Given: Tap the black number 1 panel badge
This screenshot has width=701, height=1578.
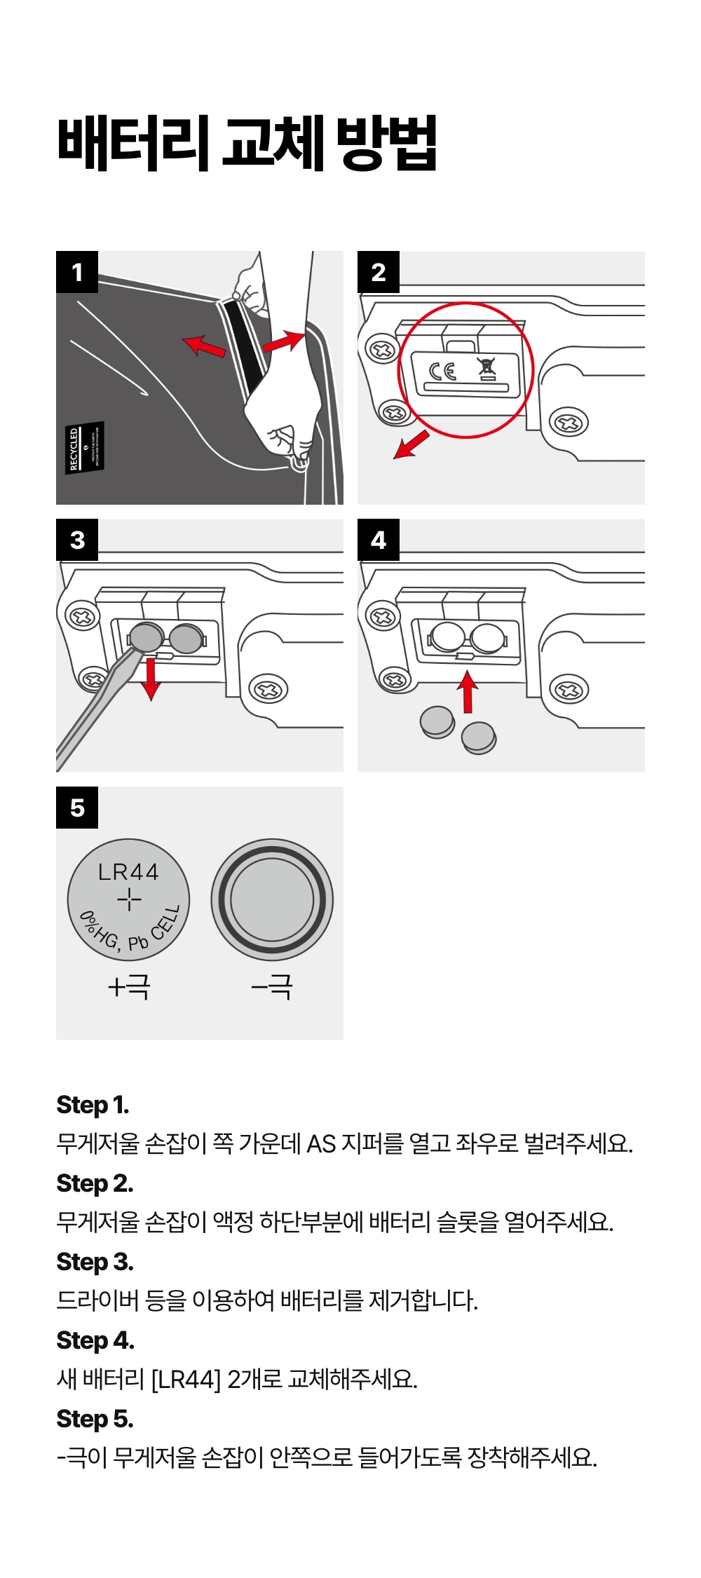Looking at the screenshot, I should point(77,272).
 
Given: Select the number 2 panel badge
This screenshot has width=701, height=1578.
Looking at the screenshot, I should point(379,272).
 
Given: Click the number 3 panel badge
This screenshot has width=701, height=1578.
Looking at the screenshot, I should point(77,540).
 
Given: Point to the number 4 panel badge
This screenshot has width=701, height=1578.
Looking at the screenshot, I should point(379,540).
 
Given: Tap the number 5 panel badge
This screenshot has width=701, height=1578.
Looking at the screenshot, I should point(77,808).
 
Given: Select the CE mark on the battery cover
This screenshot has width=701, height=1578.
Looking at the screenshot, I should point(443,372).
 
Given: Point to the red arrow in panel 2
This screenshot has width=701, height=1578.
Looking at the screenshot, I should point(411,444).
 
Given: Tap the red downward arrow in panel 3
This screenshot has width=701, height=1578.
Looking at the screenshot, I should point(151,679).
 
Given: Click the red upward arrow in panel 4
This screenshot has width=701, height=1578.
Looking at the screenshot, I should point(468,691).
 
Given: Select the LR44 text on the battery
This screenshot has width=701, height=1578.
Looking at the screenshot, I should point(128,872).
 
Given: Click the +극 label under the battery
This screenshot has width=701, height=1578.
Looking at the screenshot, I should point(129,987).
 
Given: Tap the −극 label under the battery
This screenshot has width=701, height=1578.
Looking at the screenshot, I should point(272,987).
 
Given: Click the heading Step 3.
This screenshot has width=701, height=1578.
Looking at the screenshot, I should point(95,1262).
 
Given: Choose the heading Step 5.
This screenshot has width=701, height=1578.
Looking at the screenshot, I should point(95,1419).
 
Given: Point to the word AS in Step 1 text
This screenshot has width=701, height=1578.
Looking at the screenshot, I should point(322,1144).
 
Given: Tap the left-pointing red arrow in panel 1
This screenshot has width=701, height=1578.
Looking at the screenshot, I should point(204,346).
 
